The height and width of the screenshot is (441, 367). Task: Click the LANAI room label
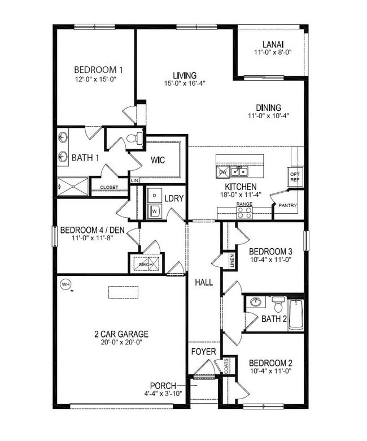click(272, 45)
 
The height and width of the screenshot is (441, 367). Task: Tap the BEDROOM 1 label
click(98, 70)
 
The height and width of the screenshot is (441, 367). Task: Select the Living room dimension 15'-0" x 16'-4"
click(185, 83)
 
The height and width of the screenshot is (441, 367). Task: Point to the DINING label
click(268, 107)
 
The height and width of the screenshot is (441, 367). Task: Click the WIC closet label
click(158, 160)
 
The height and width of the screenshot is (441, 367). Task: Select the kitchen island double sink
click(239, 171)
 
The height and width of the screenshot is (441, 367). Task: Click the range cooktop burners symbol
click(244, 213)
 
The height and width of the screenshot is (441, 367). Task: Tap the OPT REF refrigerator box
click(294, 176)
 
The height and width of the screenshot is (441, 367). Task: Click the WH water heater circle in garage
click(65, 284)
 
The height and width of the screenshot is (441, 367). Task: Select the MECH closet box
click(146, 263)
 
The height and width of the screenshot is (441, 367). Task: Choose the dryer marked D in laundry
click(154, 195)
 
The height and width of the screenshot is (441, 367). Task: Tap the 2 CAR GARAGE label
click(121, 334)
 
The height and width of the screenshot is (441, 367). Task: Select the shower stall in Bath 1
click(73, 186)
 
